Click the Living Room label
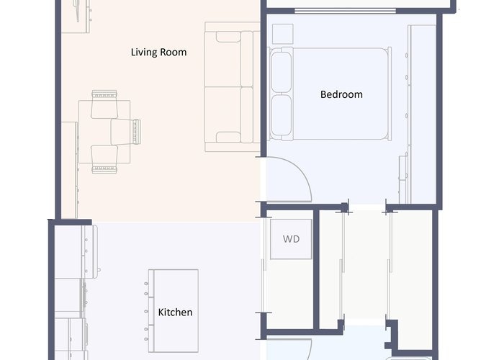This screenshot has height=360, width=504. (x=158, y=52)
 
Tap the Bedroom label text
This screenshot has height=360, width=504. (x=341, y=94)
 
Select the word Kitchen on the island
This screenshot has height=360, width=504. (x=175, y=312)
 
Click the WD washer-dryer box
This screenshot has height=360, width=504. (x=291, y=239)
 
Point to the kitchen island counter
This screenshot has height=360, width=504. (x=174, y=311)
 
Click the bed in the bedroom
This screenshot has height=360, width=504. (x=330, y=94)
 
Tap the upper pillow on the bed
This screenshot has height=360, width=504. (x=282, y=72)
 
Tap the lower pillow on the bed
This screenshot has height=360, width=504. (x=282, y=116)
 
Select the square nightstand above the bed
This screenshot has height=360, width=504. (x=283, y=34)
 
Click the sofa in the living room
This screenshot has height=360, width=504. (x=232, y=87)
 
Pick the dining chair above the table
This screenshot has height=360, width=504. (x=104, y=104)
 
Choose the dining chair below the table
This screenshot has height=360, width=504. (x=104, y=159)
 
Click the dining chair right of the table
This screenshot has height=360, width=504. (x=126, y=132)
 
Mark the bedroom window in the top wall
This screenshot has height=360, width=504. (x=345, y=11)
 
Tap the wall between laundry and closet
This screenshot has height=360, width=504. (x=316, y=269)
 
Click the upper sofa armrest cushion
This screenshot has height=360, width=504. (x=228, y=37)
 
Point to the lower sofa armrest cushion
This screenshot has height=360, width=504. (x=228, y=138)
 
